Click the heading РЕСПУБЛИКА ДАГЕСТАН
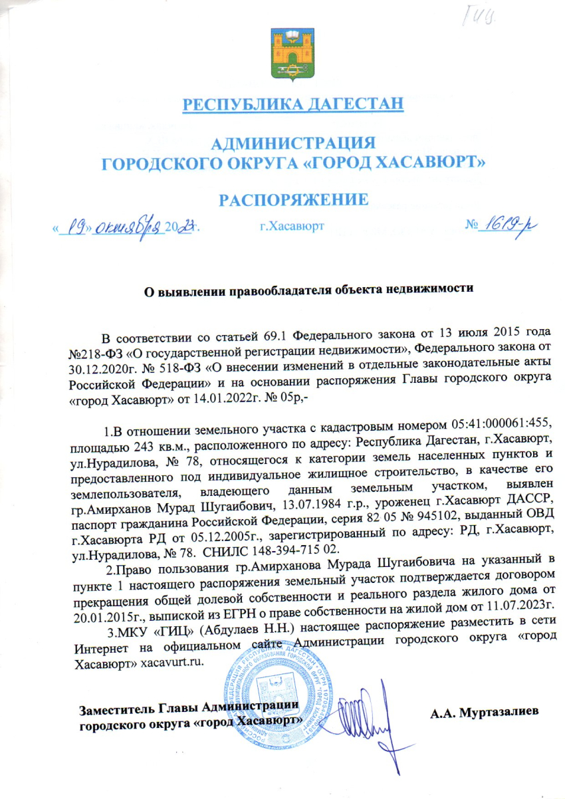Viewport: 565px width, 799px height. point(293,105)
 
